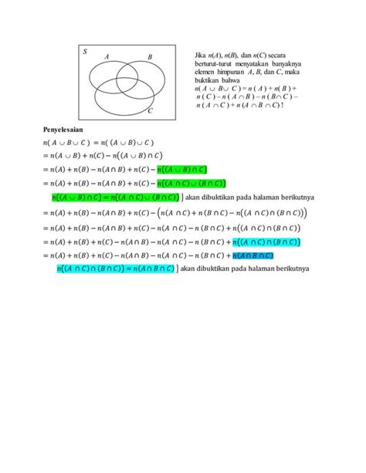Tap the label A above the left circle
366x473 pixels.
(x=106, y=56)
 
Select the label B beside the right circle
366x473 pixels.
(x=149, y=57)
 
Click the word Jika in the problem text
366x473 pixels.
(x=202, y=56)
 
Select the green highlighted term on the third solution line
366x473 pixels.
(x=190, y=183)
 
